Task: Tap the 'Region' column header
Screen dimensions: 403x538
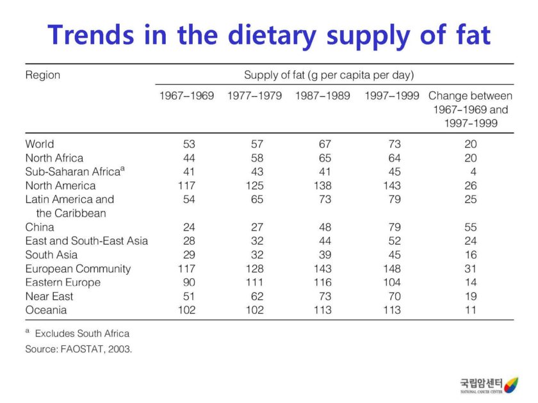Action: [43, 75]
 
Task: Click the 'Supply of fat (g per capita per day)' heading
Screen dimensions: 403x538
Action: [329, 75]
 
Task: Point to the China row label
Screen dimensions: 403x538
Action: [40, 227]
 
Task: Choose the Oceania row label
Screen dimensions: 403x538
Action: [46, 310]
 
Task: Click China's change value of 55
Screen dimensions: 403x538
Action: [470, 227]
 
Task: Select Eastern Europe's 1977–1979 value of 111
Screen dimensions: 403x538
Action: [254, 283]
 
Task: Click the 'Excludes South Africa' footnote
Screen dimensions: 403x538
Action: [82, 333]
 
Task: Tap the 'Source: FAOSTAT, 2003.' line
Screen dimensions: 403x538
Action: [79, 350]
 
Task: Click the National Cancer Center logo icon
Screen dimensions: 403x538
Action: [510, 385]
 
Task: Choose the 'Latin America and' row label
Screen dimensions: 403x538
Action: [70, 199]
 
